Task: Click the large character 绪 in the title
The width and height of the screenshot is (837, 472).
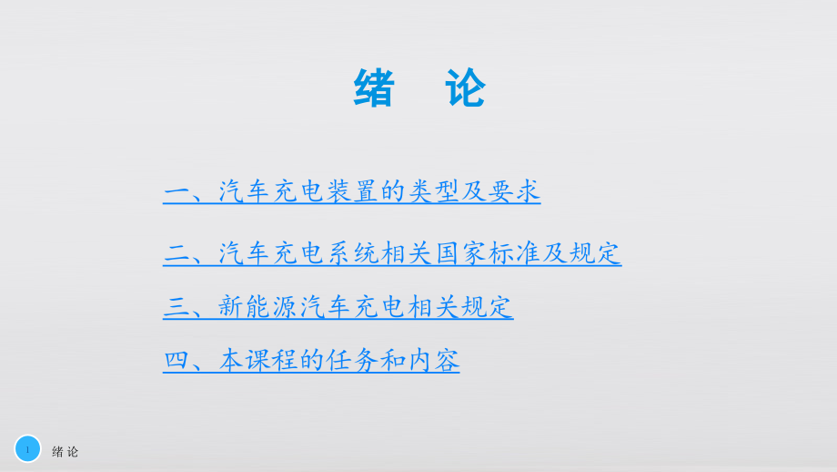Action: (x=375, y=89)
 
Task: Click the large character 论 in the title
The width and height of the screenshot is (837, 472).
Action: (x=464, y=89)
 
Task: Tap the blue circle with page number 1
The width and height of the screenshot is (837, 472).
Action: (x=28, y=448)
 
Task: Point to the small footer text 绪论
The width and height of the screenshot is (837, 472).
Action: (x=66, y=452)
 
